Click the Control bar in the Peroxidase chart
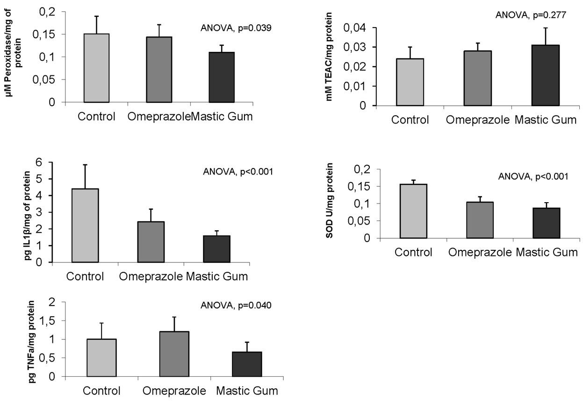coord(97,68)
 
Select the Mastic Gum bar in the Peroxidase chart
coord(222,77)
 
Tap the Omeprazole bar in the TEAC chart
coord(477,78)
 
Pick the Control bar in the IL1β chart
coord(85,226)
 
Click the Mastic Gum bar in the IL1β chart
coord(217,249)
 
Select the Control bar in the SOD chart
coord(414,211)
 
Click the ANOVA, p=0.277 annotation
coord(531,15)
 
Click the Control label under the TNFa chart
coord(102,391)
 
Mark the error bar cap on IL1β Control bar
coord(85,165)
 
